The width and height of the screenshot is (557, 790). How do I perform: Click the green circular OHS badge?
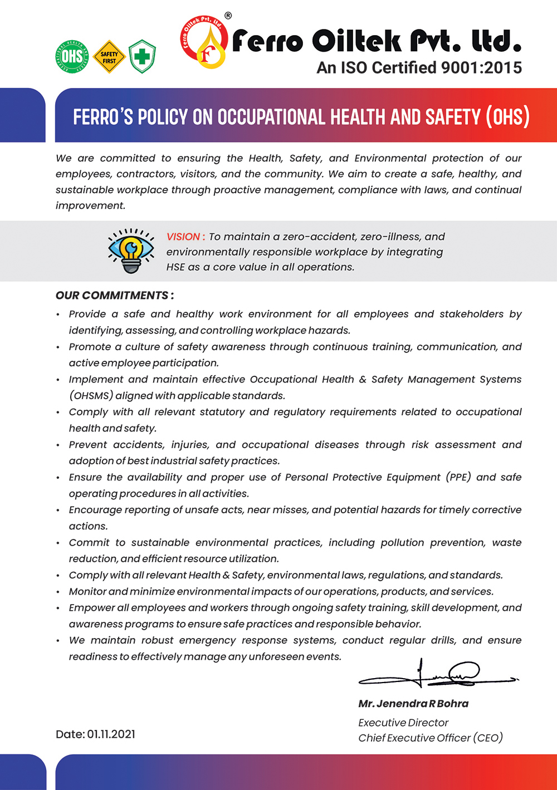tap(72, 56)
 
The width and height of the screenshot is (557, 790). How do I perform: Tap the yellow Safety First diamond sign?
tap(109, 57)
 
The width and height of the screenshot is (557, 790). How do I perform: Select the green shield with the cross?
tap(142, 57)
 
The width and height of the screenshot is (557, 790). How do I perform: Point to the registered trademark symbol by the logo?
tap(228, 16)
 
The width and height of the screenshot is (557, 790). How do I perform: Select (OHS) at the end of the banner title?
tap(507, 117)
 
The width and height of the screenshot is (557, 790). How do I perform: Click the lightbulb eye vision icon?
tap(131, 251)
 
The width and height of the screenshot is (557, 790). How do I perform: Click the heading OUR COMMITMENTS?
tap(114, 296)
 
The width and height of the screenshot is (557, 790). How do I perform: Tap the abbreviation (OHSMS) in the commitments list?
tap(91, 396)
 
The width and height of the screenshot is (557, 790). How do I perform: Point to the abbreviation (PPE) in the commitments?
tap(458, 477)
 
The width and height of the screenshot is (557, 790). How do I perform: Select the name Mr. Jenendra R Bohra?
tap(413, 704)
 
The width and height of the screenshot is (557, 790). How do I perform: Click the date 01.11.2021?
tap(111, 734)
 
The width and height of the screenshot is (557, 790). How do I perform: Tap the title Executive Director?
tap(403, 723)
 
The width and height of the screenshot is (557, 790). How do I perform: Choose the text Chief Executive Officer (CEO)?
tap(431, 738)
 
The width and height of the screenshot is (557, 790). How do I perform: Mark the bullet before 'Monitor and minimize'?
tap(58, 592)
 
